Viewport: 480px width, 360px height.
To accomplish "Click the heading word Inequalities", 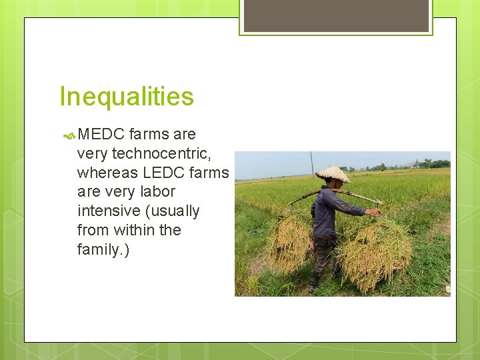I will pos(127,97).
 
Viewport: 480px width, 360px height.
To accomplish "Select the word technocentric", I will pos(161,153).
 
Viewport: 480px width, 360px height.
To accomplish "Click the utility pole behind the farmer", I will pos(311,163).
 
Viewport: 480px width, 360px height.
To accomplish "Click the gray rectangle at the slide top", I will pos(336,15).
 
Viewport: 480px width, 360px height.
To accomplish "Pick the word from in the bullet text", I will pos(92,230).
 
